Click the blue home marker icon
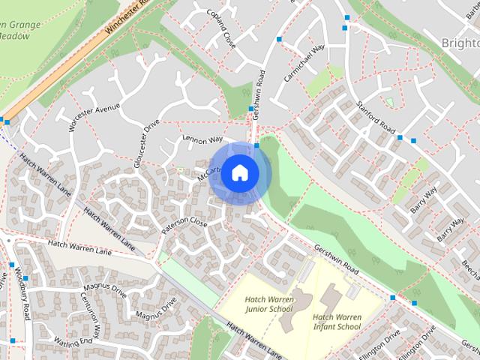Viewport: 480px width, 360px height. click(239, 173)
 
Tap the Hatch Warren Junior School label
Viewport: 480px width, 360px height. click(268, 304)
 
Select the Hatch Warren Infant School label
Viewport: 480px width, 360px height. click(337, 322)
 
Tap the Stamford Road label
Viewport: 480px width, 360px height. click(375, 118)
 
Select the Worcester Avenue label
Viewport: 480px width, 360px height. click(94, 118)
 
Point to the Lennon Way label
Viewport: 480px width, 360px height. click(202, 140)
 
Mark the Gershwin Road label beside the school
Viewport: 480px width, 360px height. click(337, 259)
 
